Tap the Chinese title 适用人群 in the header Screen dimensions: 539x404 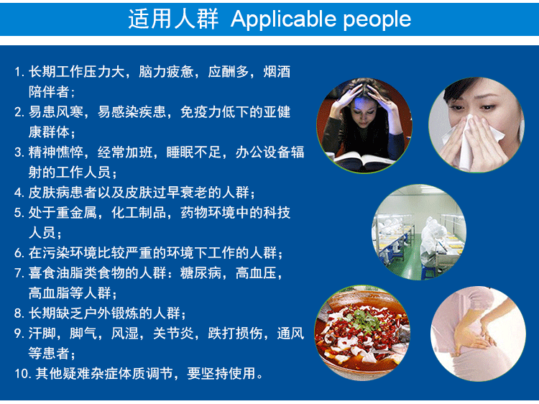point(173,19)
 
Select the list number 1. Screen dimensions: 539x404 point(19,72)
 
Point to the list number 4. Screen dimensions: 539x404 point(19,193)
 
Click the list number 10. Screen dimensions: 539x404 point(24,374)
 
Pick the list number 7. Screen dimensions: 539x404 point(19,273)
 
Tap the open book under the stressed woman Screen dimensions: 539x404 point(364,162)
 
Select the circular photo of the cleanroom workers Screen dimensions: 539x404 point(419,232)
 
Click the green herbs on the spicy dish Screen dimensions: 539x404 point(364,321)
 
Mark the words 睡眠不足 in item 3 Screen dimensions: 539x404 point(194,152)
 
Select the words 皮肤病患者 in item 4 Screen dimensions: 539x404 point(63,193)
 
